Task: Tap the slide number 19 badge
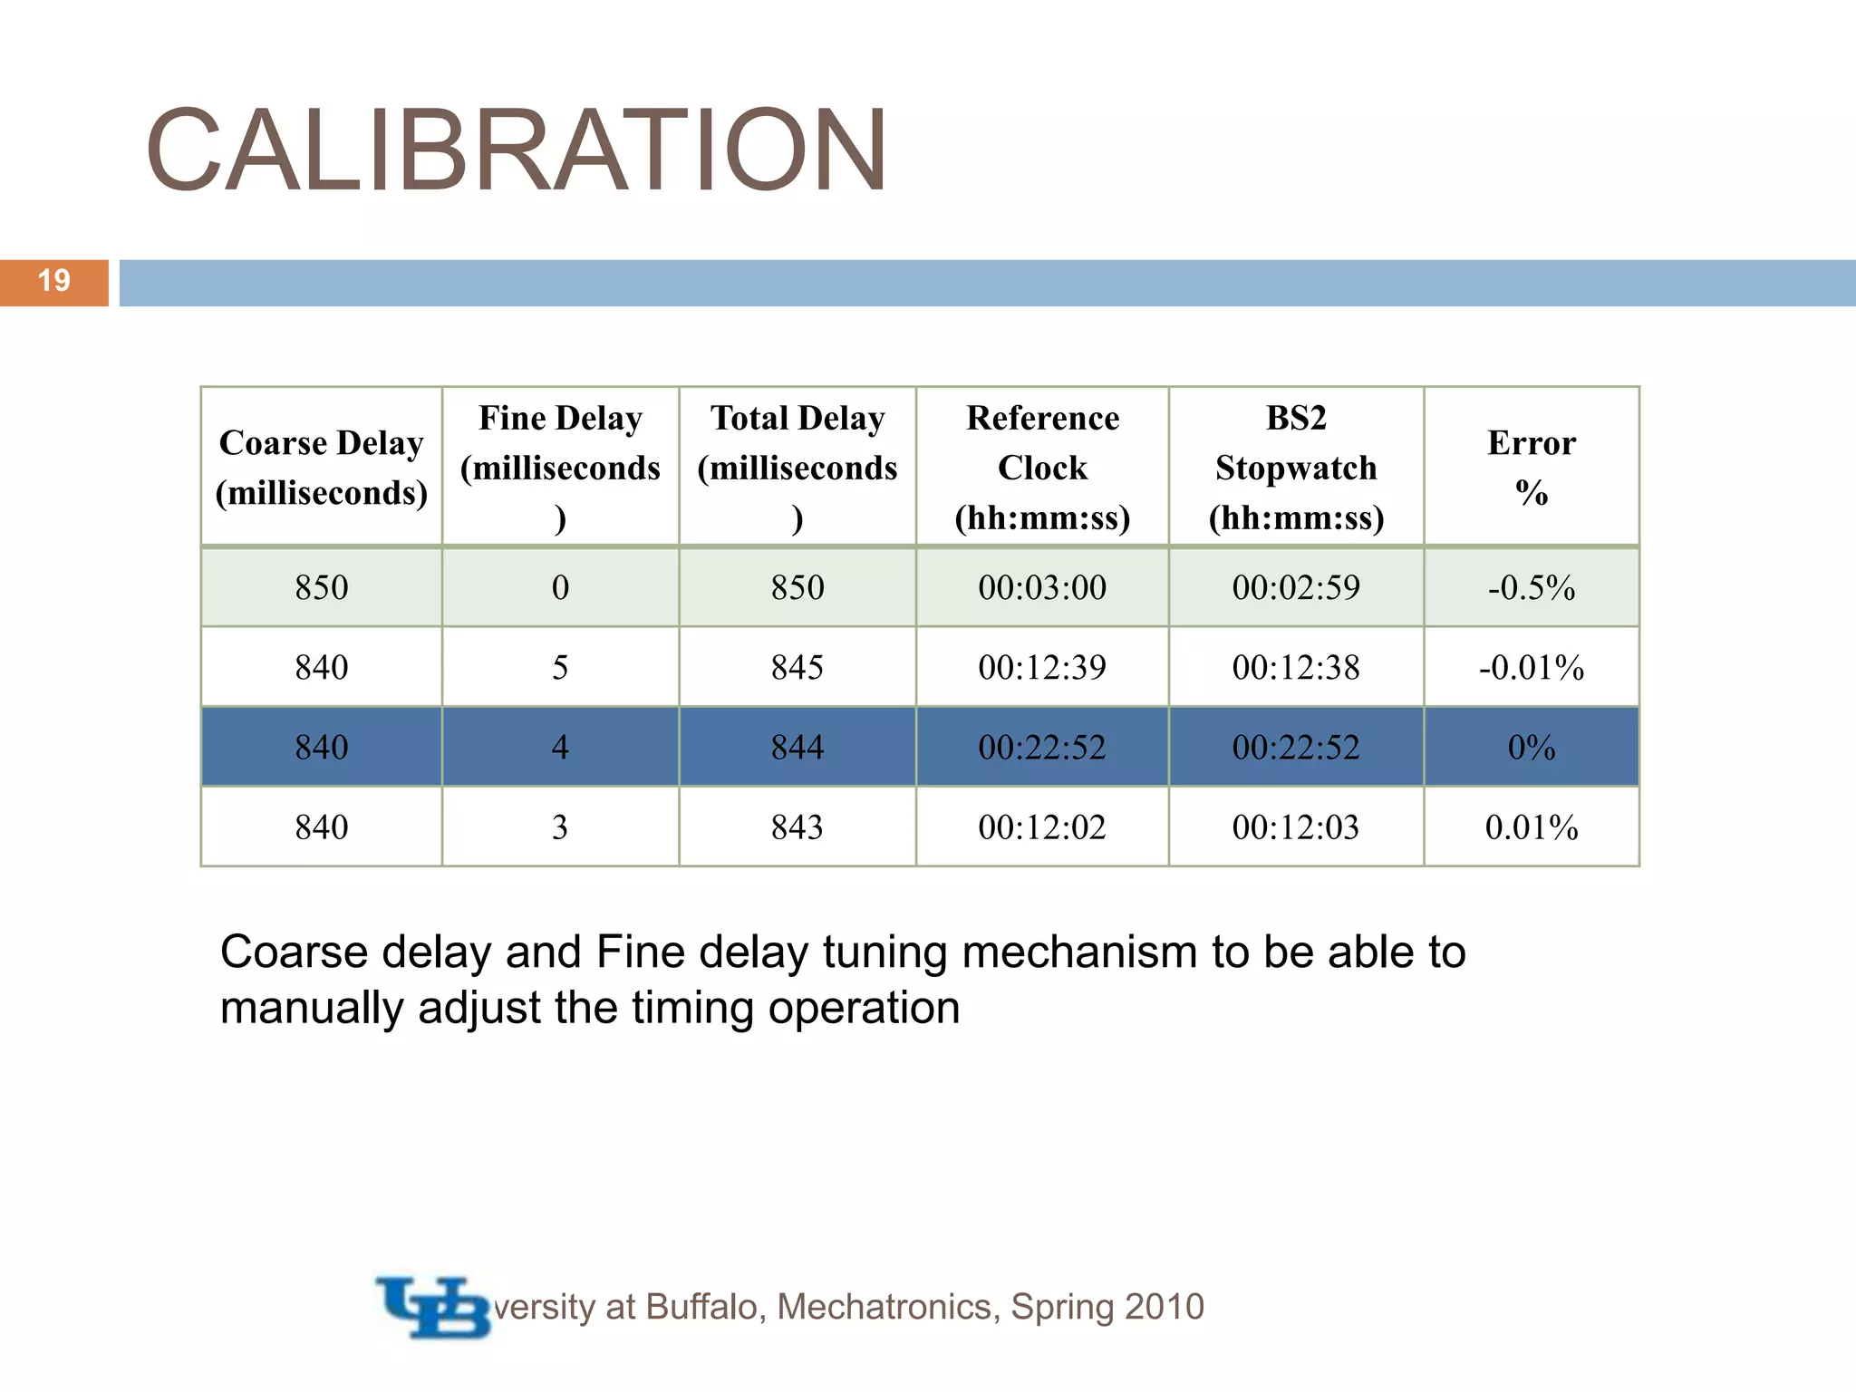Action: click(x=54, y=282)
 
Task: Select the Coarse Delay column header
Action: click(x=321, y=468)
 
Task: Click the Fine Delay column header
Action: click(x=560, y=468)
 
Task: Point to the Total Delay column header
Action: click(x=797, y=468)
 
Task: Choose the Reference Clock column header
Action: click(x=1042, y=468)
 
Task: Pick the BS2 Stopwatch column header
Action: click(x=1296, y=468)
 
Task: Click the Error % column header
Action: click(x=1532, y=468)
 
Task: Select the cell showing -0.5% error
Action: click(x=1532, y=588)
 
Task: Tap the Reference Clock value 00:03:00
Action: click(x=1042, y=588)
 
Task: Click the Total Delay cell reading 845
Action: click(x=797, y=668)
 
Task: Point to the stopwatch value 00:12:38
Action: click(x=1296, y=668)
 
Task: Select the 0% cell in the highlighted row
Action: click(x=1532, y=748)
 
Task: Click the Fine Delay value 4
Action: click(x=560, y=748)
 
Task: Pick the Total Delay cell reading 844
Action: click(x=797, y=748)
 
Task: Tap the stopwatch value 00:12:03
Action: click(x=1296, y=827)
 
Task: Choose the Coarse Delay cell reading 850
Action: click(x=321, y=588)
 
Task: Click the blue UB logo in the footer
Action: click(x=433, y=1307)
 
